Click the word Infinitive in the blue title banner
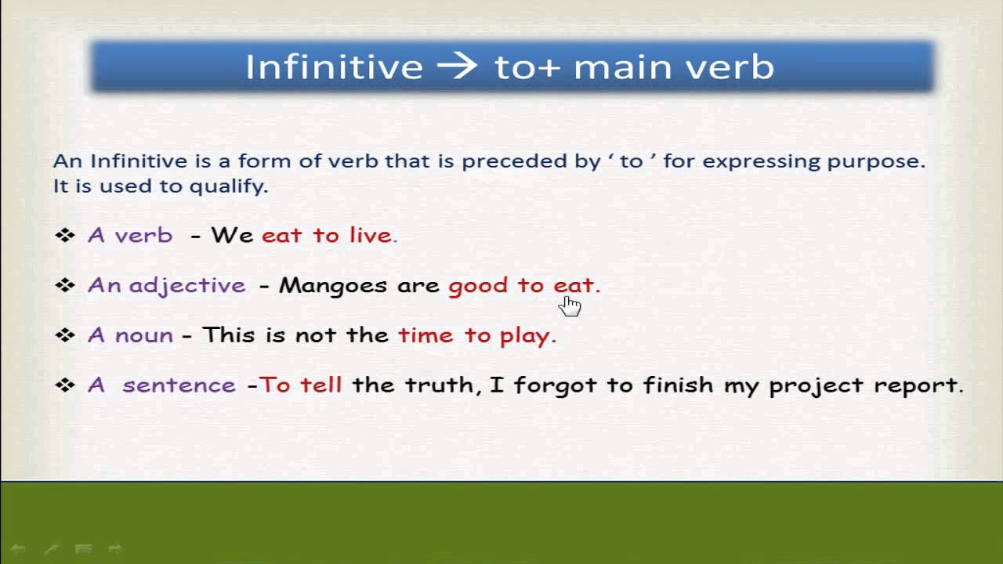334,67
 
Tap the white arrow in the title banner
457,67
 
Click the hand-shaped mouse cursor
570,306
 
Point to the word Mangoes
333,286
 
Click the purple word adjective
187,286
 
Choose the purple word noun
143,335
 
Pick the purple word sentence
179,385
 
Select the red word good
478,286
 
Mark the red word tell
321,385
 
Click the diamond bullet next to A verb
65,236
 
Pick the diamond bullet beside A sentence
65,385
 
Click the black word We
232,235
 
